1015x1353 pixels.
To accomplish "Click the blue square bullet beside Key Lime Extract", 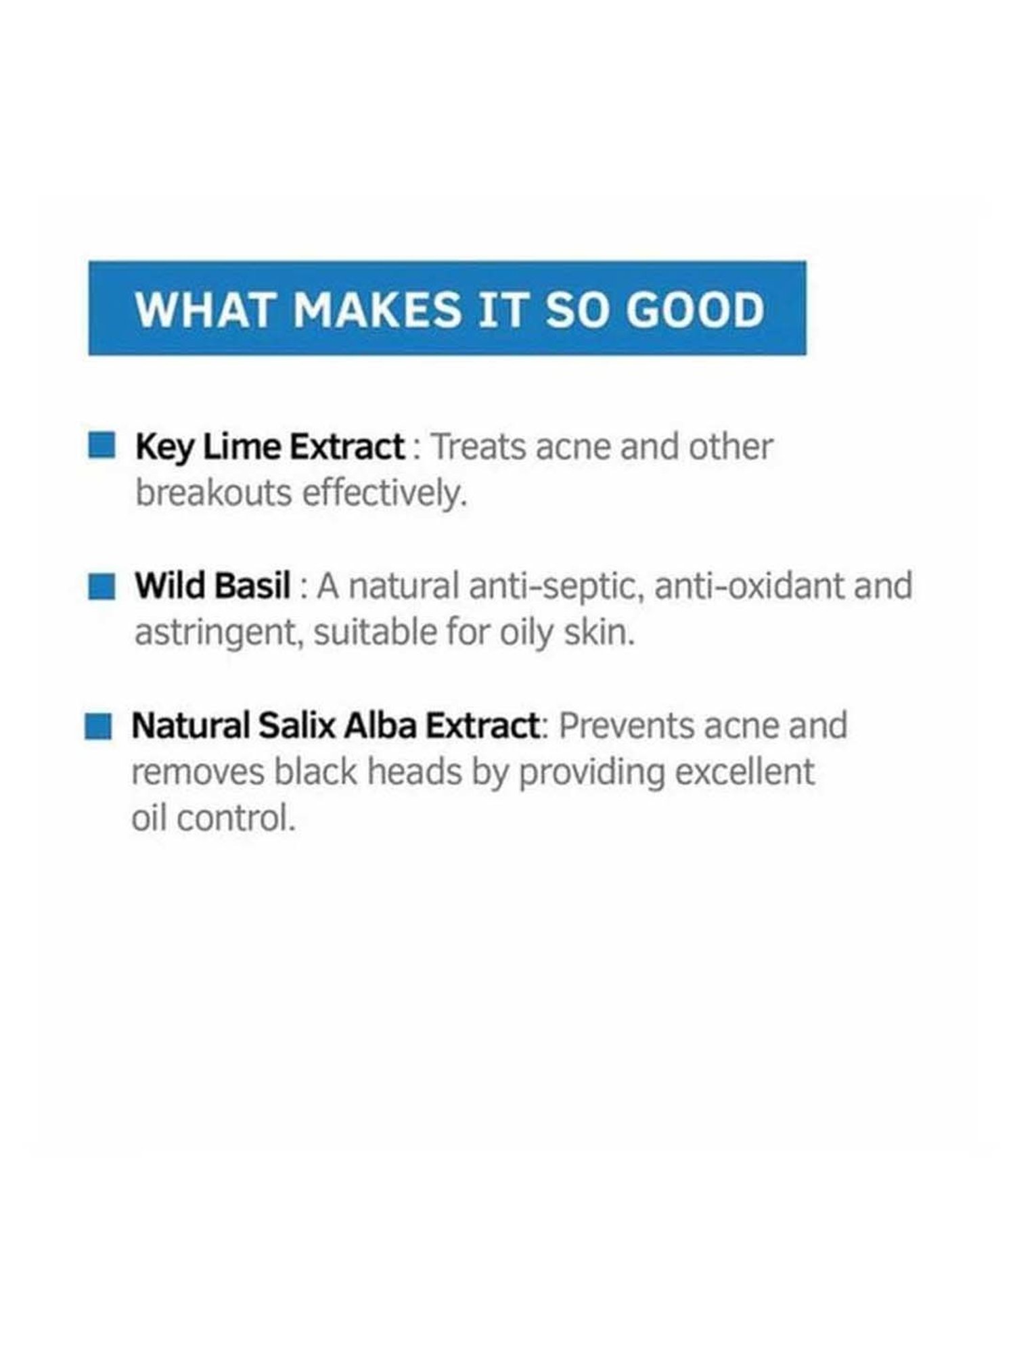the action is (101, 446).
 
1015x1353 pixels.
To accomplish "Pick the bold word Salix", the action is (298, 726).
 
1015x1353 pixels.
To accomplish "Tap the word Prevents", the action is (627, 726).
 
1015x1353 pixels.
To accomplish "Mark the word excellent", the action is (745, 772).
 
